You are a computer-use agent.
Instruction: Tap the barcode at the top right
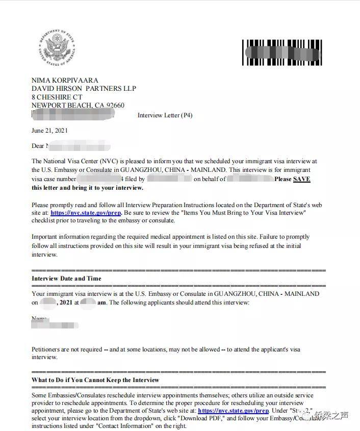click(282, 52)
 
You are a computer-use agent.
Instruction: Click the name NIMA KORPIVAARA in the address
click(65, 80)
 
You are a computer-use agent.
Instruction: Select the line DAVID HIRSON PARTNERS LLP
click(84, 88)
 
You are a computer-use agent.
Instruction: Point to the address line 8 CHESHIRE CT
click(57, 97)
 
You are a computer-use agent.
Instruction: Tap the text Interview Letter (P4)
click(165, 115)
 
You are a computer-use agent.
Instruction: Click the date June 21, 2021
click(49, 131)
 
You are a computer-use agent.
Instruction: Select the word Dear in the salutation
click(38, 146)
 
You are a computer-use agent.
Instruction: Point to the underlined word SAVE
click(301, 179)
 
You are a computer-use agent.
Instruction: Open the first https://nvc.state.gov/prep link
click(85, 212)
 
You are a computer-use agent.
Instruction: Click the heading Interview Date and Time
click(66, 278)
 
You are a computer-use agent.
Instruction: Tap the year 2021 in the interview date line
click(66, 302)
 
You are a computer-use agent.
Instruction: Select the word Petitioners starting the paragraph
click(48, 349)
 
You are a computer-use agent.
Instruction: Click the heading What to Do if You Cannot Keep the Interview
click(95, 380)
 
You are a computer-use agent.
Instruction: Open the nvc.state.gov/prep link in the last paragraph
click(233, 411)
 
